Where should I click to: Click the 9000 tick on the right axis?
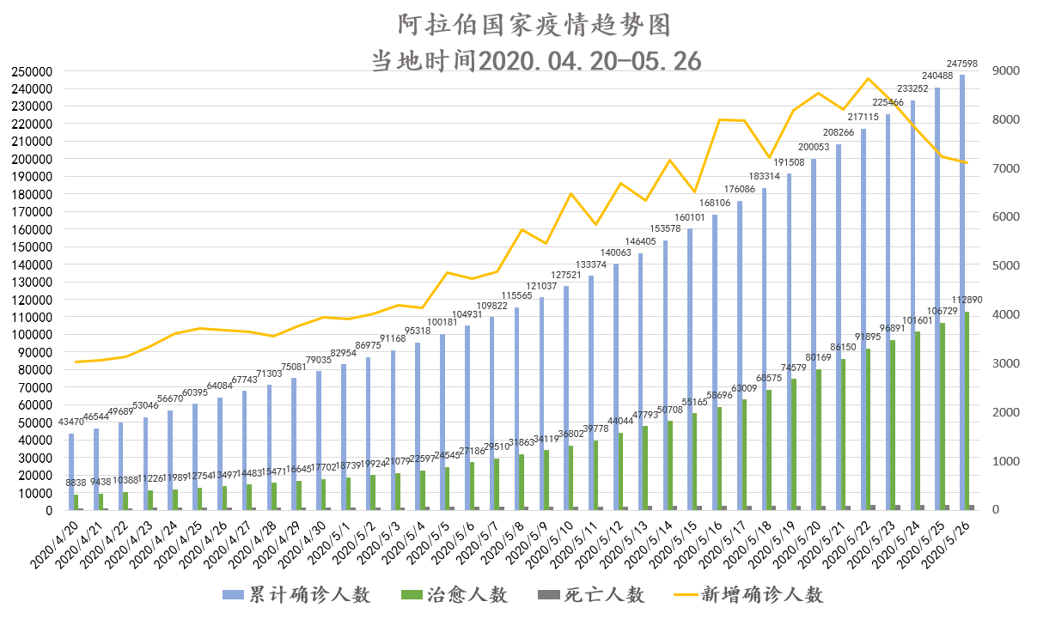pos(1005,71)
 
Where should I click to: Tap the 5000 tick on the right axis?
pos(1005,266)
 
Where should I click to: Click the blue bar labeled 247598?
pos(961,292)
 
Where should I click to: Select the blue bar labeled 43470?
pos(71,471)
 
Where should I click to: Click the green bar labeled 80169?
pos(819,440)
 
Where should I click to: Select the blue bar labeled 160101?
pos(690,369)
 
